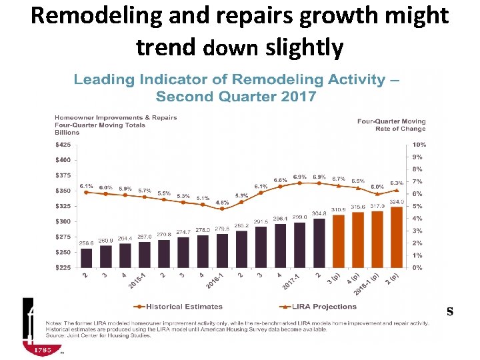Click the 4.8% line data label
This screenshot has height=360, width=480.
222,202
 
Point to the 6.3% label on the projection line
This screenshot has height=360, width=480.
397,183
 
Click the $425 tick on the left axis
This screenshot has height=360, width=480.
65,145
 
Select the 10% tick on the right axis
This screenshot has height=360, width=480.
419,145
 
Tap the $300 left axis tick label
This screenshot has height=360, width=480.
65,221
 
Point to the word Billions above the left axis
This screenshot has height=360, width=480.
67,132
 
